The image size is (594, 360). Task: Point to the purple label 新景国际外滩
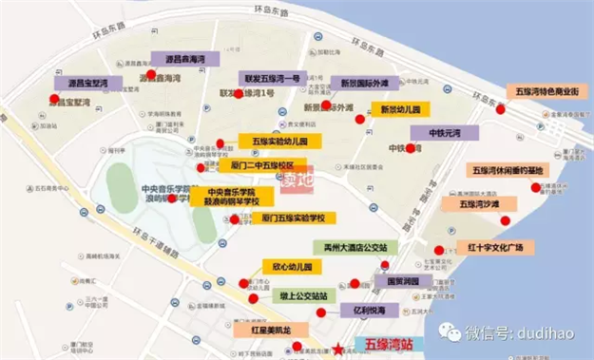pos(367,83)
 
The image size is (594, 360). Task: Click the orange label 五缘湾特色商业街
pos(546,92)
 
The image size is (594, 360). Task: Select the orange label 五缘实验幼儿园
pos(279,141)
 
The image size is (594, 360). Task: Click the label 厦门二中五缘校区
pos(262,164)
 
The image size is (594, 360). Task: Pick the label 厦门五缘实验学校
pos(294,218)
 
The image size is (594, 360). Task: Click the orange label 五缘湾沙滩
pos(486,203)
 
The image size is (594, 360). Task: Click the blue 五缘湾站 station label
pos(381,344)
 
